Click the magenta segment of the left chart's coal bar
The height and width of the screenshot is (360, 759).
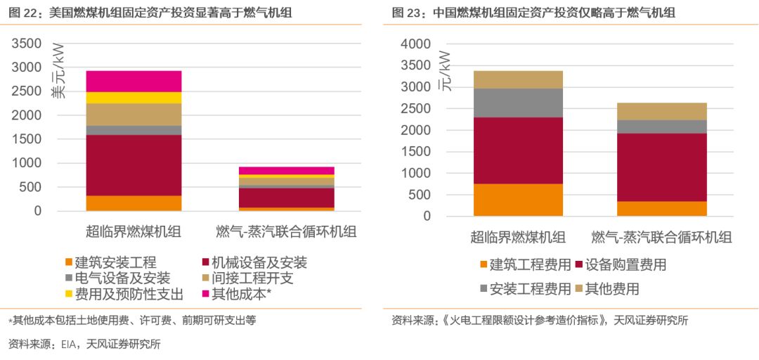pyautogui.click(x=134, y=81)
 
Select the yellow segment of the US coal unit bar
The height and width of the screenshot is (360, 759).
pyautogui.click(x=134, y=98)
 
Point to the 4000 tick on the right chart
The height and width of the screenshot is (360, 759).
pyautogui.click(x=415, y=44)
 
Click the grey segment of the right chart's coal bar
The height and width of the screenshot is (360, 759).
pyautogui.click(x=518, y=103)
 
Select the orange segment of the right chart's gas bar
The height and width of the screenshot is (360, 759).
pyautogui.click(x=661, y=208)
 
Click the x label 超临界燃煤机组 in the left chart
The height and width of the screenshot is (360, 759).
pyautogui.click(x=133, y=232)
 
